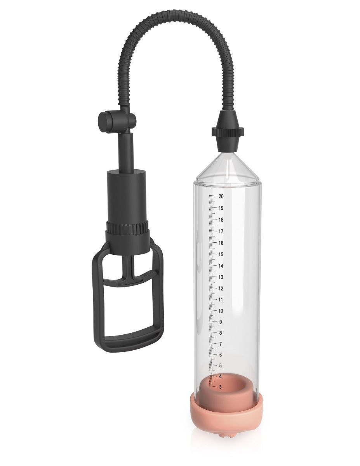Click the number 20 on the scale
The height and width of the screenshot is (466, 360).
coord(221,196)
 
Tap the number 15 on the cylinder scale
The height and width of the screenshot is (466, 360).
coord(221,255)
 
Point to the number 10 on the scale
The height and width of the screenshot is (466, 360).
coord(221,311)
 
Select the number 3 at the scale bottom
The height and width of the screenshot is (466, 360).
coord(221,387)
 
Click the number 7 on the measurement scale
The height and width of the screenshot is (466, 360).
coord(221,344)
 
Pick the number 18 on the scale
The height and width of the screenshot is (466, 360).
coord(221,220)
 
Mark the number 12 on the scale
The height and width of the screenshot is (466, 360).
coord(221,289)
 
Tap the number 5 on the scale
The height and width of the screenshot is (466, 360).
coord(221,366)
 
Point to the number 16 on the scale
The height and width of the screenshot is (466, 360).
coord(221,243)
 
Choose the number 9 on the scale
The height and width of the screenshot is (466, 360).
coord(221,322)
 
